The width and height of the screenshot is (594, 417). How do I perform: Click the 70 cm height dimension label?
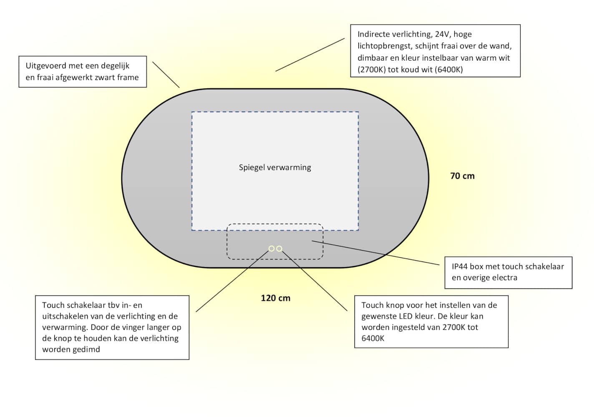(462, 176)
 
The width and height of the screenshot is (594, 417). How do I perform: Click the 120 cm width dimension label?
(276, 298)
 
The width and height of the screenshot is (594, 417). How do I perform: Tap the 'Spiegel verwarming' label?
(275, 168)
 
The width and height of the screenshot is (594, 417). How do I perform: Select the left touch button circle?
(271, 249)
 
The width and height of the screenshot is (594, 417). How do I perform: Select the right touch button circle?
(279, 249)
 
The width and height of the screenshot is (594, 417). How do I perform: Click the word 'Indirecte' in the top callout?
(373, 34)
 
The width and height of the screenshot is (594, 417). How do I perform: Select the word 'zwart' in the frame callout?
(105, 78)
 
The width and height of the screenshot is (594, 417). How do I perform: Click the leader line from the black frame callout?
(166, 75)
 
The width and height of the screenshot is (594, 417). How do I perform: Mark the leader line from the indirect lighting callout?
(310, 55)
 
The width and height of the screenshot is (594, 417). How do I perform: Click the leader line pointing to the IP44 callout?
(375, 253)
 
